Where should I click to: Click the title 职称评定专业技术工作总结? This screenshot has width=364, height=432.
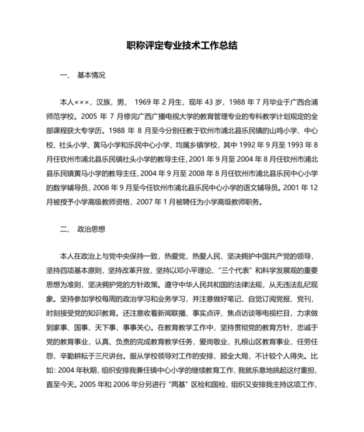181,46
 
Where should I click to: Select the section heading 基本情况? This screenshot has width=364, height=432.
91,76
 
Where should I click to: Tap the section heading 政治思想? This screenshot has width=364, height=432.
91,229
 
